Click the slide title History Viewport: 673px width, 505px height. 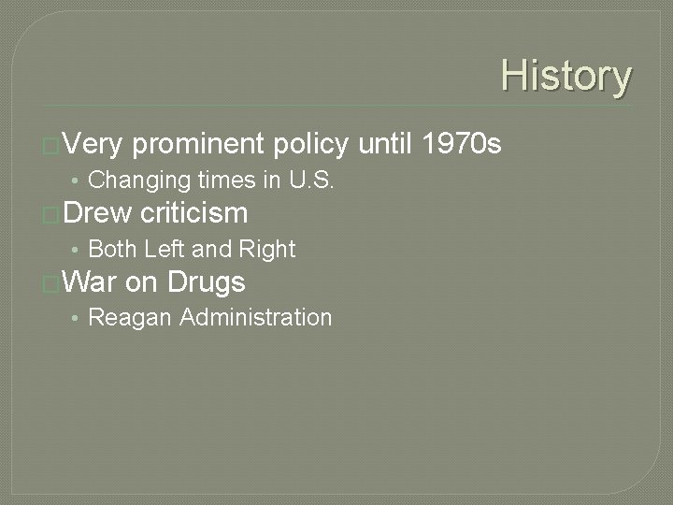click(x=566, y=77)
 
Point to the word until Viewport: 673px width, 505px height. click(x=385, y=144)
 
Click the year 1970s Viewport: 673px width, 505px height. click(x=462, y=144)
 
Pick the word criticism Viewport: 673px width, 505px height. click(x=193, y=213)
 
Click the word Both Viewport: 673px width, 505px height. click(x=112, y=249)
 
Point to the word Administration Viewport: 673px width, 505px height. click(x=255, y=317)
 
